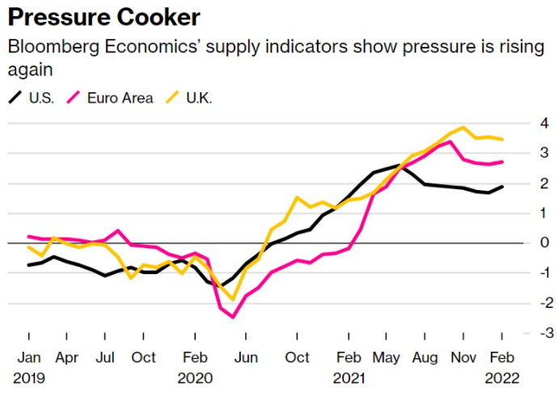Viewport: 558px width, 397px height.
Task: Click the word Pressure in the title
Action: [57, 17]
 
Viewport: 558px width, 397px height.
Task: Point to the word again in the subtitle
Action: [29, 70]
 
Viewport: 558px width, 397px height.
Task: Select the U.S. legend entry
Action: [32, 98]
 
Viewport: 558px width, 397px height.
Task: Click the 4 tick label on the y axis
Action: [524, 123]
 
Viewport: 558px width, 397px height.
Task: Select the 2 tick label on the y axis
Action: [524, 183]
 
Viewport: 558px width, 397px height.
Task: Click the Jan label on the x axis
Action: [29, 357]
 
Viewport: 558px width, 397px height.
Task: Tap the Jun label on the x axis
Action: [246, 357]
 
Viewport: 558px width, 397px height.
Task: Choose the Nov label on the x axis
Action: [463, 357]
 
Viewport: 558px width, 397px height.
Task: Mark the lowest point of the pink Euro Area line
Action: [233, 317]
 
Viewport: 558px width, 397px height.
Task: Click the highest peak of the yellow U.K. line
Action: [462, 127]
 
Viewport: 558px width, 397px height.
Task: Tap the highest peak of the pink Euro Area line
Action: [450, 141]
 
